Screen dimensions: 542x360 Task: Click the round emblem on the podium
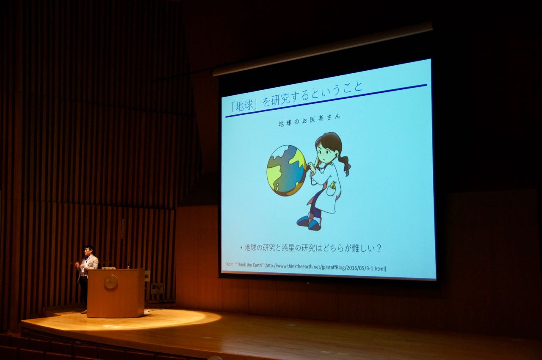point(111,282)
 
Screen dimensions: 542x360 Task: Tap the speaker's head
point(88,251)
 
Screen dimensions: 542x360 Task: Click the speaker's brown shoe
point(84,311)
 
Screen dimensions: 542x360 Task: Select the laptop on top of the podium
point(109,268)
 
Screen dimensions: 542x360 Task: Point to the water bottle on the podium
point(128,265)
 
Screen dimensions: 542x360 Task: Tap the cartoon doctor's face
point(325,154)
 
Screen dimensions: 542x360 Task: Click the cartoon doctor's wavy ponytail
point(345,164)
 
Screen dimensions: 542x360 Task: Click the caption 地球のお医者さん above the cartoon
point(310,120)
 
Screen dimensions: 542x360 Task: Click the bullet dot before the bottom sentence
point(241,248)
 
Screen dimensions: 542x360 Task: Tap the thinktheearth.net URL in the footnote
point(325,267)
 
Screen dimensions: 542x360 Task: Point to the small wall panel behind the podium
point(158,288)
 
